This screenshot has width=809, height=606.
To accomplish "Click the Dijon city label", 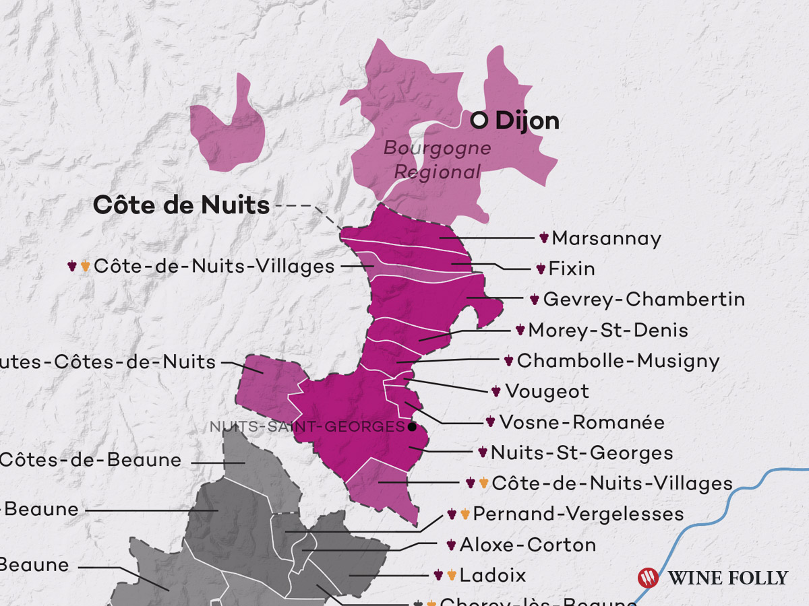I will click(527, 121).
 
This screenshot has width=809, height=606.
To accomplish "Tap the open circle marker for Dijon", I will click(479, 121).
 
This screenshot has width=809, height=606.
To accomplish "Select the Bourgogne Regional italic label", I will click(438, 160).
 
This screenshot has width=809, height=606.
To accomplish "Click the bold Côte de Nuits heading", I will click(181, 205).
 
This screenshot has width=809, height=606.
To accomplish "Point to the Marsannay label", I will click(606, 238).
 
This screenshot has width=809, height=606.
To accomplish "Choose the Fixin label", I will click(572, 269).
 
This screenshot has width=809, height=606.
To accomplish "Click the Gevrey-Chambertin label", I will click(644, 299).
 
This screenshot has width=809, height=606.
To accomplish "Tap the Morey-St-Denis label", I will click(608, 330).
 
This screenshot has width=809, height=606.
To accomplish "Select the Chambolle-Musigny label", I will click(618, 361).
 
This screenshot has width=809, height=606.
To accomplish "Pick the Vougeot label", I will click(547, 391).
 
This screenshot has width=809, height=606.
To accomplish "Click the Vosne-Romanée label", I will click(582, 422).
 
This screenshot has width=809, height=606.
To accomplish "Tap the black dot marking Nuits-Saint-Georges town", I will click(411, 427).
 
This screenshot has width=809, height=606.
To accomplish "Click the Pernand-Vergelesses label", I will click(578, 514).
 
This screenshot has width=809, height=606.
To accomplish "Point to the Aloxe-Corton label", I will click(528, 545).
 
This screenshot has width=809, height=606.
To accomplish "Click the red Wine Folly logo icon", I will click(648, 577).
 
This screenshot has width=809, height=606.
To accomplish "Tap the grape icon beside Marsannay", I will click(544, 238).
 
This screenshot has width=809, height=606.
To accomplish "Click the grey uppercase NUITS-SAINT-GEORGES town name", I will click(307, 427).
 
